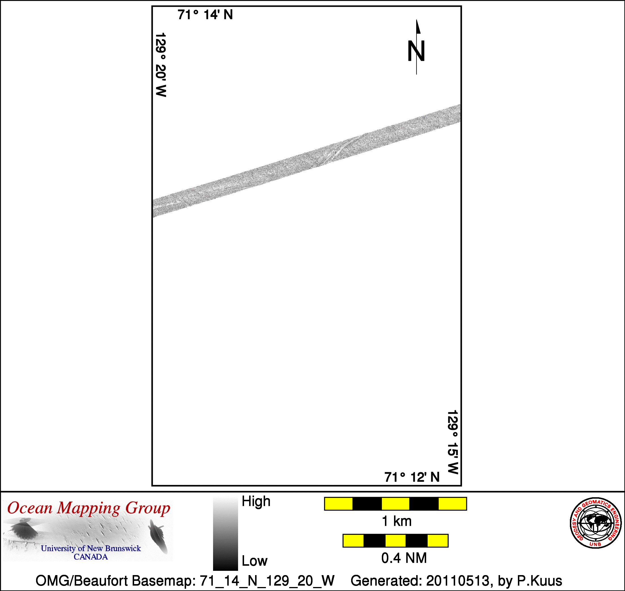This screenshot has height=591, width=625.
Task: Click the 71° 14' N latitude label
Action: (205, 15)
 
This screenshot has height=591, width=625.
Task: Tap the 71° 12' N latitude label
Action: (412, 477)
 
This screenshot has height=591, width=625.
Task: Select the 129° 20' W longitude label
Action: (161, 65)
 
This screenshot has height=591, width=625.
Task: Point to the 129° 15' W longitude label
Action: (453, 442)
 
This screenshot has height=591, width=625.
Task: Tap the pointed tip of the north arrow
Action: (416, 20)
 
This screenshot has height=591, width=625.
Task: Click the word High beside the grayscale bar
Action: (256, 501)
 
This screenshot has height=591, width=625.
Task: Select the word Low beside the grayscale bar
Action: (255, 561)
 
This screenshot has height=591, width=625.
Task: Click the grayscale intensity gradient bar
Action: (225, 534)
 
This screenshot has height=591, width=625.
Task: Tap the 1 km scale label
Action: (397, 521)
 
